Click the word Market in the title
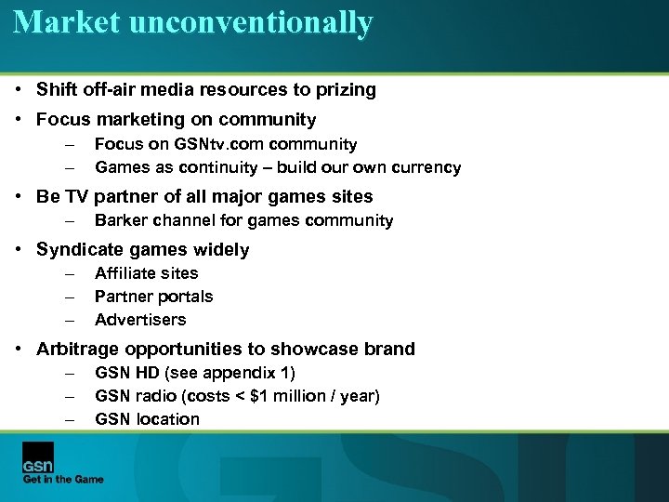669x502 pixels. pos(65,21)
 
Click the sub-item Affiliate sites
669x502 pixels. pos(146,272)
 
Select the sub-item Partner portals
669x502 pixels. pos(153,297)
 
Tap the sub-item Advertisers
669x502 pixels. pos(140,320)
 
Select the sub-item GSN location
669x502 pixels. pos(147,419)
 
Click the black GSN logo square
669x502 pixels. pos(38,457)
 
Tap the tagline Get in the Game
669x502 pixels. pos(63,480)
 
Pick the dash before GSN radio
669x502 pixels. pos(69,397)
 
